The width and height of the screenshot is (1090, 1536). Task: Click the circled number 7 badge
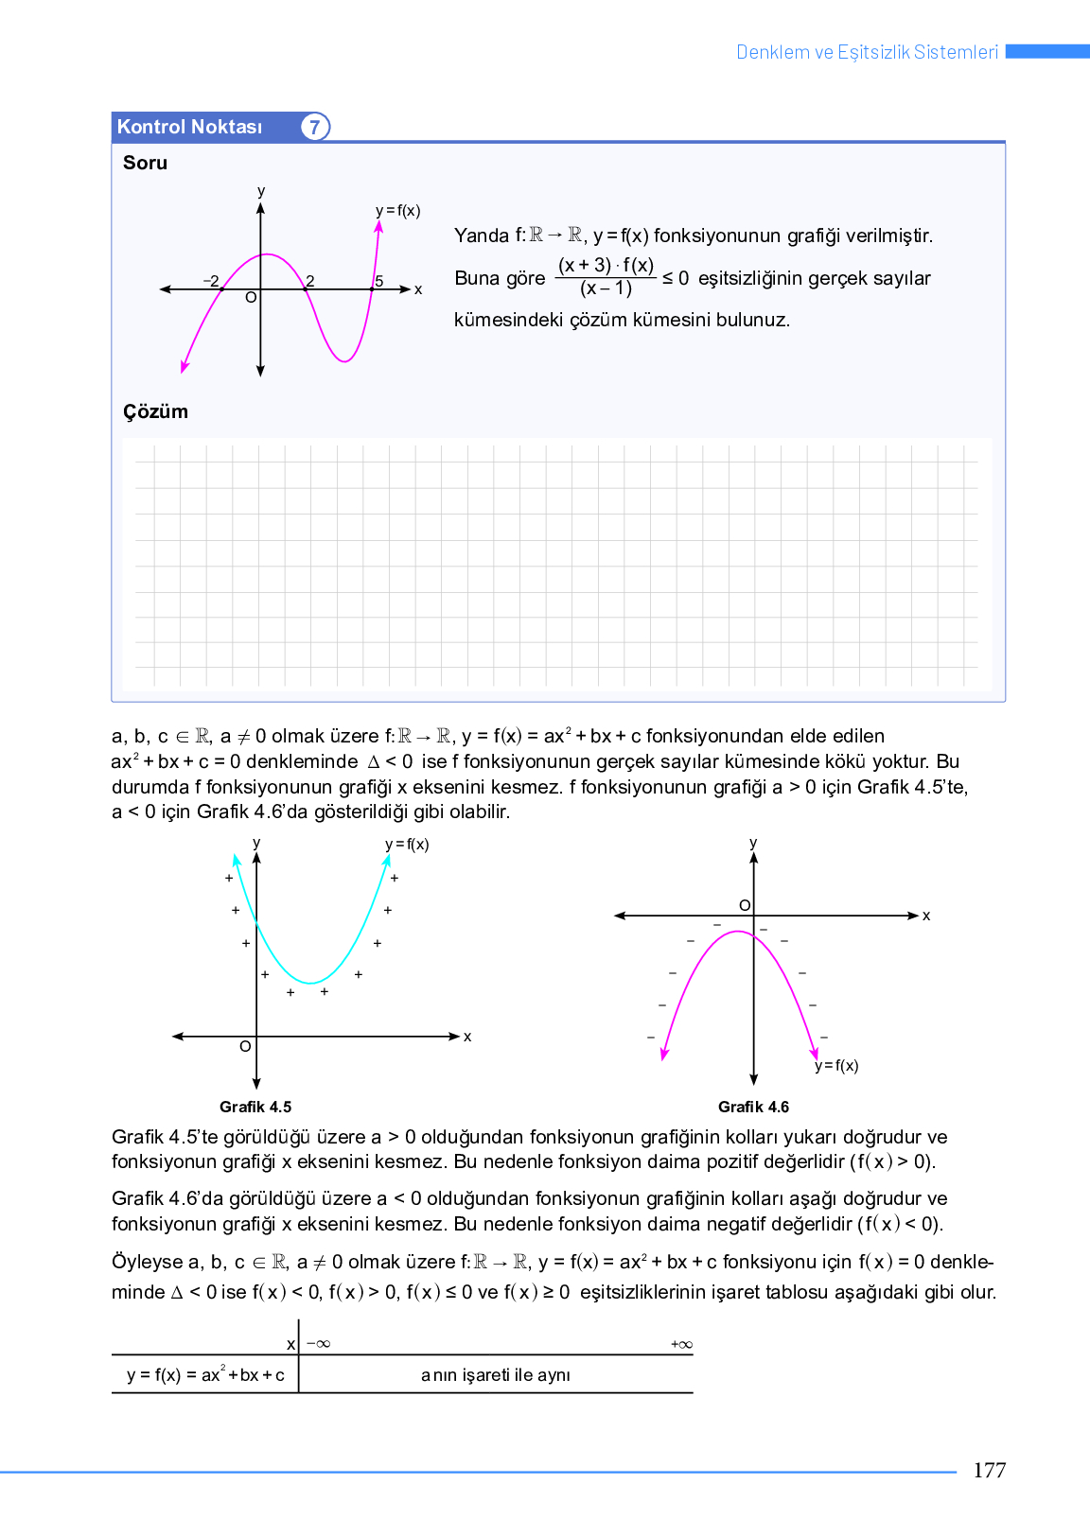[315, 127]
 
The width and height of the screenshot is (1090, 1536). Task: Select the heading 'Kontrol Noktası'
[189, 127]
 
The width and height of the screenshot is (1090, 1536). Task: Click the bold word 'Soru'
[145, 163]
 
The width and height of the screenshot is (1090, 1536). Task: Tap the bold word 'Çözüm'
[155, 411]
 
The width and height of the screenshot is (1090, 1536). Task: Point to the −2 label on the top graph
[211, 281]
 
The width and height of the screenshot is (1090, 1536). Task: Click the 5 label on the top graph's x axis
[379, 281]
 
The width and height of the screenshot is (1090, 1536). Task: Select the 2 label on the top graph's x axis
[310, 281]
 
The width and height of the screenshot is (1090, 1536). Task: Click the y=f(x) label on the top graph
[397, 211]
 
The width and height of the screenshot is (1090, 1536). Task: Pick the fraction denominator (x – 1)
[606, 288]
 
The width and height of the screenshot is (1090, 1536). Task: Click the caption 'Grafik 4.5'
[255, 1107]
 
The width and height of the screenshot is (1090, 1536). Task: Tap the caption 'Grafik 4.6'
[753, 1107]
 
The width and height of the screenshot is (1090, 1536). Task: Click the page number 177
[989, 1470]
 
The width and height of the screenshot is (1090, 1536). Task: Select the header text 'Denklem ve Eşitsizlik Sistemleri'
[867, 52]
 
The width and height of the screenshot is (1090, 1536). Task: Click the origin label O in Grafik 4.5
[245, 1046]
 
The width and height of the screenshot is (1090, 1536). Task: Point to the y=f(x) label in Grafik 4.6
[837, 1066]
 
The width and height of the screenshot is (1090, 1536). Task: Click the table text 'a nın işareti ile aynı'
[496, 1375]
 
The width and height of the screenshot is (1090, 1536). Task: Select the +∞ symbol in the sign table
[681, 1344]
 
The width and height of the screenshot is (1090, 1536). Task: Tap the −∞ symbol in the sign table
[318, 1344]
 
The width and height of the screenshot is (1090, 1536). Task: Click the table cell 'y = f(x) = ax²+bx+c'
[205, 1375]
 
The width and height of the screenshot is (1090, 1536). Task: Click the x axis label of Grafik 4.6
[926, 916]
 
